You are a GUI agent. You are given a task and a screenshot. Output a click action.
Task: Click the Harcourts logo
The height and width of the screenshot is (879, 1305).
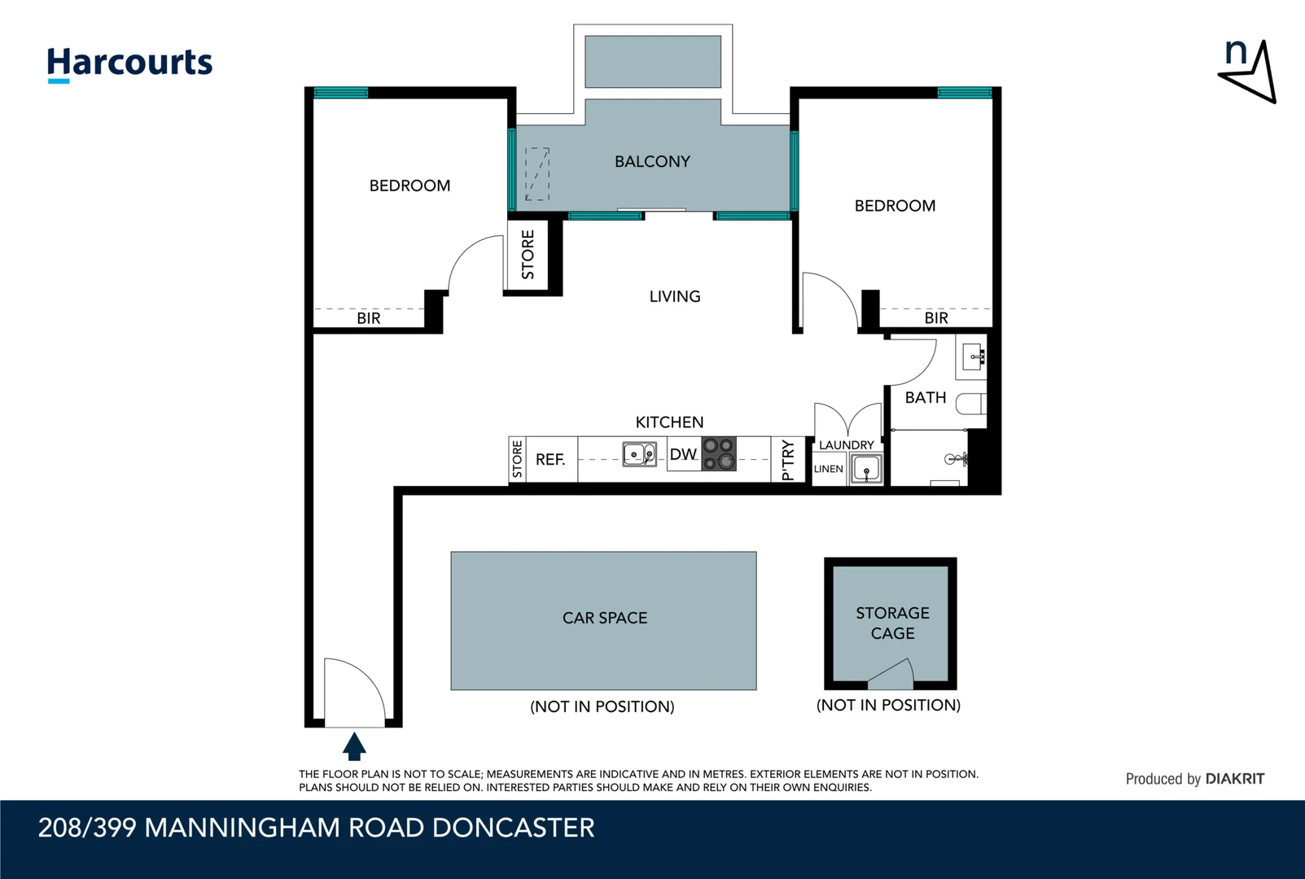tap(129, 63)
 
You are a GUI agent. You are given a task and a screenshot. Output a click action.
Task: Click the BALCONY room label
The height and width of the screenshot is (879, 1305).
tap(652, 162)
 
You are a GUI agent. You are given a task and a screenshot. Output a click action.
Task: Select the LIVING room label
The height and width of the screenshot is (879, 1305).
tap(674, 296)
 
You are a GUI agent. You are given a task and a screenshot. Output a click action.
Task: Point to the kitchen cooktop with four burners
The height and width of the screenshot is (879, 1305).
tap(719, 454)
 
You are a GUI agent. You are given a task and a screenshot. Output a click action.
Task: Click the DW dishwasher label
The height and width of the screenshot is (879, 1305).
tap(683, 454)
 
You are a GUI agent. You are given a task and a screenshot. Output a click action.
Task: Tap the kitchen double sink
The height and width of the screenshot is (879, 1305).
tap(639, 454)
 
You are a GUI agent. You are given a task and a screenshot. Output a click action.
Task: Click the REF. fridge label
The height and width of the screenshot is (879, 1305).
tap(550, 460)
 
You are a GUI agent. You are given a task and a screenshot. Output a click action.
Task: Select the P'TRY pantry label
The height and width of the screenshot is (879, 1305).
tap(787, 460)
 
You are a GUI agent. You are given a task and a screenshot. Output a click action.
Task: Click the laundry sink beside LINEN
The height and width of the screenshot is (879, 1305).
tap(866, 470)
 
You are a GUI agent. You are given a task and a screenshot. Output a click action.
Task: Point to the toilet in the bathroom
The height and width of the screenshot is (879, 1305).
tap(972, 404)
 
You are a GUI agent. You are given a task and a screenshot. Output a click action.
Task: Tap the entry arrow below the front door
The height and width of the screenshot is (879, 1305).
tap(354, 746)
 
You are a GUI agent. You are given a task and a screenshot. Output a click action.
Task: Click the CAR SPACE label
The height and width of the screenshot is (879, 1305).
tap(604, 618)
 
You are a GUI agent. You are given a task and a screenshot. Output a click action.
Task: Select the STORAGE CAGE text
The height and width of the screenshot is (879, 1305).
tap(892, 623)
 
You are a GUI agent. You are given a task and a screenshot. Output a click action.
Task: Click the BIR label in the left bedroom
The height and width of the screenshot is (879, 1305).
tap(368, 318)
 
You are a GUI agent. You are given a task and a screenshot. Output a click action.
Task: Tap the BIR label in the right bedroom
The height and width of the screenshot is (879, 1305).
tap(936, 318)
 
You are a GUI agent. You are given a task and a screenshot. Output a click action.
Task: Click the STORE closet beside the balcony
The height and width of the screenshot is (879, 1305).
tap(528, 255)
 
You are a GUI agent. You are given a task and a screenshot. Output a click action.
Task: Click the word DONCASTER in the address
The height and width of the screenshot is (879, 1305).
tap(513, 828)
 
